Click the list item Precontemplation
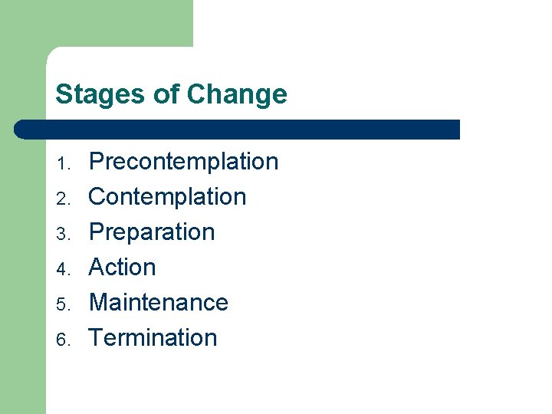pos(183,162)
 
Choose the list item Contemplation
pos(167,197)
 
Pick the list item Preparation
pos(152,232)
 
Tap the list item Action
pos(123,268)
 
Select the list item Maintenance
pos(159,303)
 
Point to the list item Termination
pos(153,338)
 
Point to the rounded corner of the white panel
pos(52,53)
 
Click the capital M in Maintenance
pos(99,303)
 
